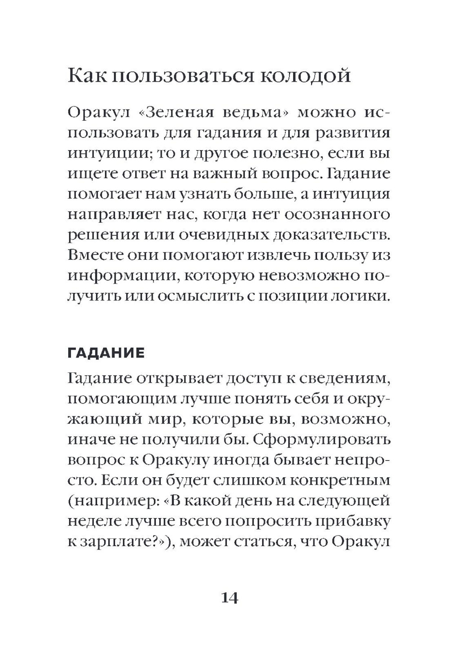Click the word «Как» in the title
click(86, 75)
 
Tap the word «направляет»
click(108, 214)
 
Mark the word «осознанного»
click(342, 214)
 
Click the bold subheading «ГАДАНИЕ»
click(106, 353)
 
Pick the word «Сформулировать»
click(321, 440)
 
